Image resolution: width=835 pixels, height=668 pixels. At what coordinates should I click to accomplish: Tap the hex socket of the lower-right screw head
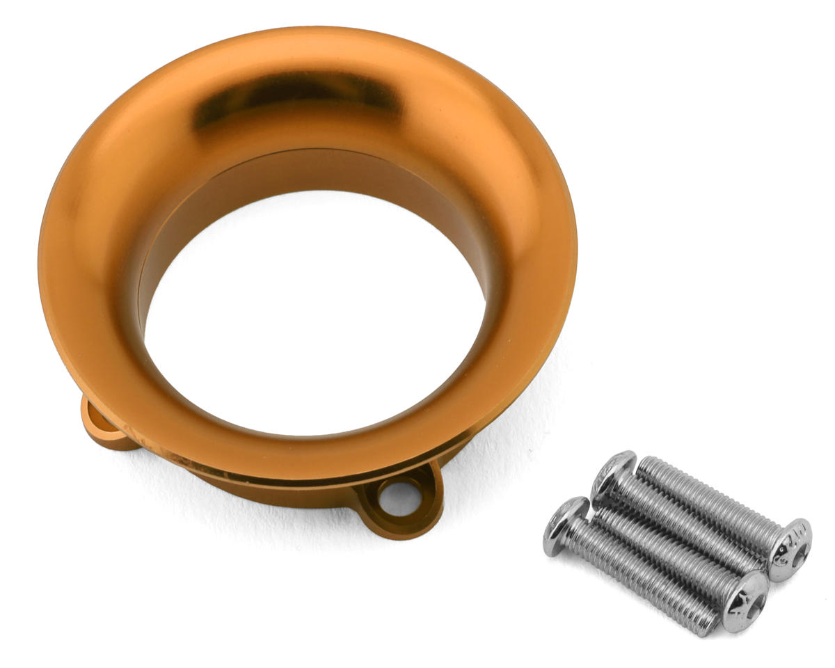(746, 593)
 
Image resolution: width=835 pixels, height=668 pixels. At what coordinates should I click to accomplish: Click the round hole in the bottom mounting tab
(400, 497)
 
